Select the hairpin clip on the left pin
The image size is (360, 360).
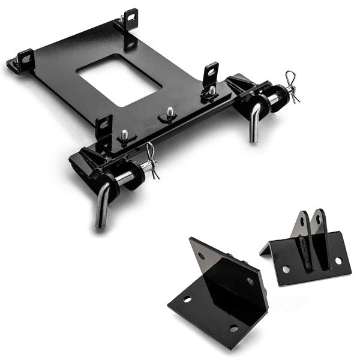point(151,161)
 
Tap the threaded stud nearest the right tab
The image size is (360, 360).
point(212,91)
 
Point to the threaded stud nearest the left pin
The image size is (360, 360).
point(124,136)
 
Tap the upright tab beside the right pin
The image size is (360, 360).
point(210,73)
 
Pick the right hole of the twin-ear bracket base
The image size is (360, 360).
point(338,261)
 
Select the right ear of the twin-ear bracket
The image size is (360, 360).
point(319,222)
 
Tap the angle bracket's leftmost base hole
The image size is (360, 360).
point(187,298)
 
